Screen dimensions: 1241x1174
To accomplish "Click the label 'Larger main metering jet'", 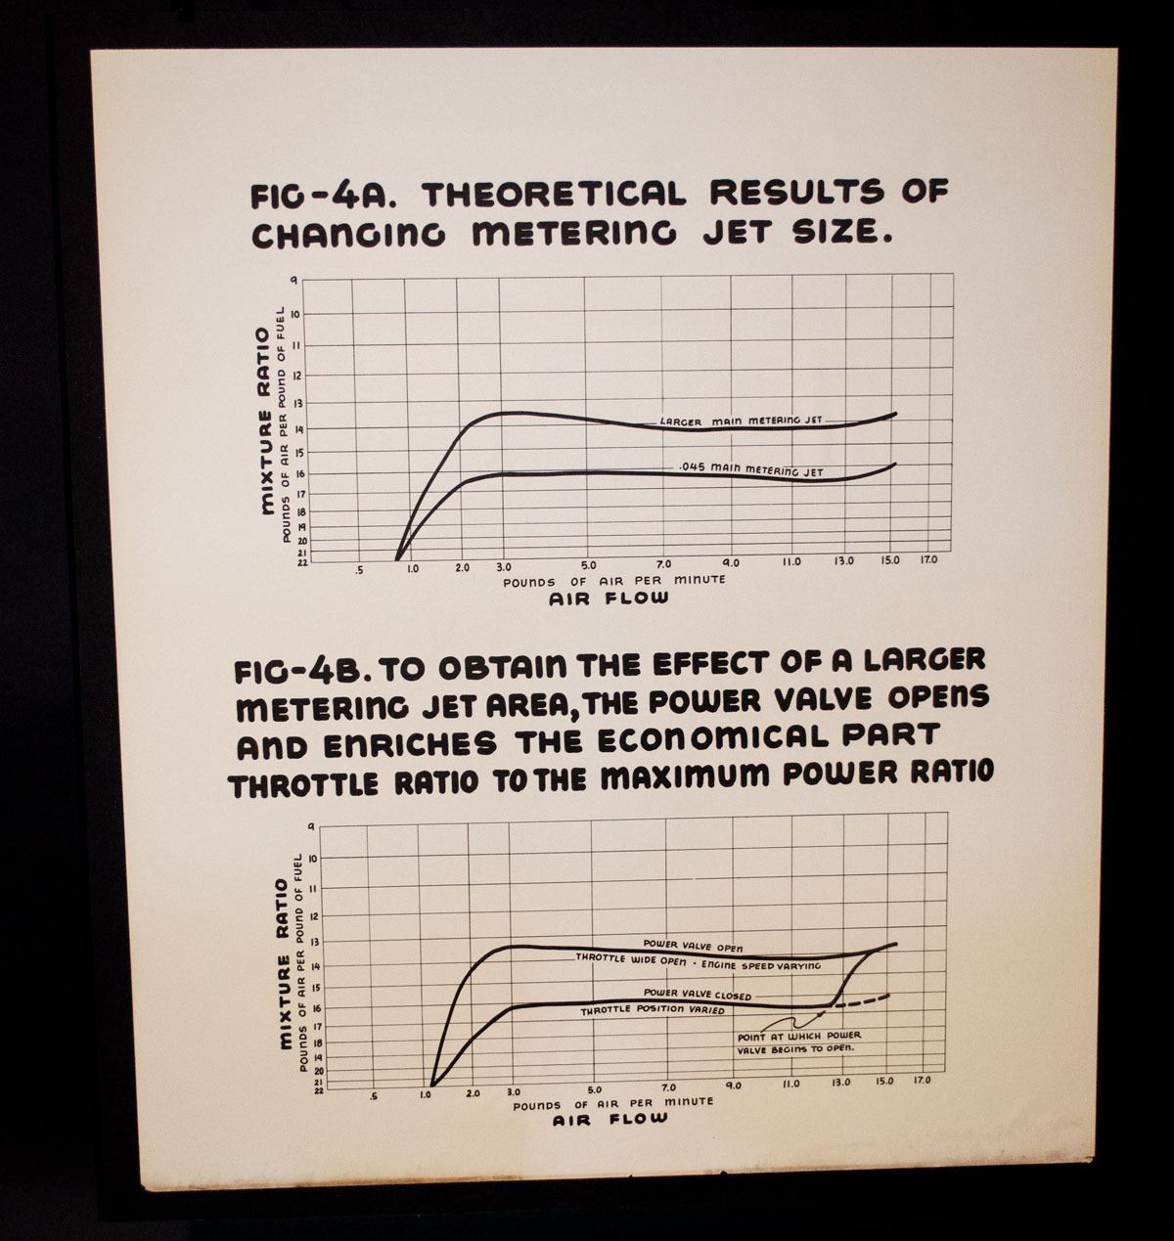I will click(x=741, y=421).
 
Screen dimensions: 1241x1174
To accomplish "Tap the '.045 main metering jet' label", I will click(x=751, y=469).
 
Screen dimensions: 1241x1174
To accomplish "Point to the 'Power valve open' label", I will click(x=693, y=946).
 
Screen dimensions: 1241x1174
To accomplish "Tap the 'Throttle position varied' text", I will click(x=653, y=1009).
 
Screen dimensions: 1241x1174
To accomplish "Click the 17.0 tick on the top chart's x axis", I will click(x=927, y=560).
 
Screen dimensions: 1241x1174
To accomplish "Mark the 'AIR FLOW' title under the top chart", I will click(x=610, y=598).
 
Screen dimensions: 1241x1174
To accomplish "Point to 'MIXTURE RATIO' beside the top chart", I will click(x=265, y=421).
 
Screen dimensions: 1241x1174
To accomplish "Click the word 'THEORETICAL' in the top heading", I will click(x=554, y=193).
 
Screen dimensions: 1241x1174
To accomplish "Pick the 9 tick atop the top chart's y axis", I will click(x=293, y=281).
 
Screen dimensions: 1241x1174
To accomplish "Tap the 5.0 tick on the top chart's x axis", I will click(x=587, y=564).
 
